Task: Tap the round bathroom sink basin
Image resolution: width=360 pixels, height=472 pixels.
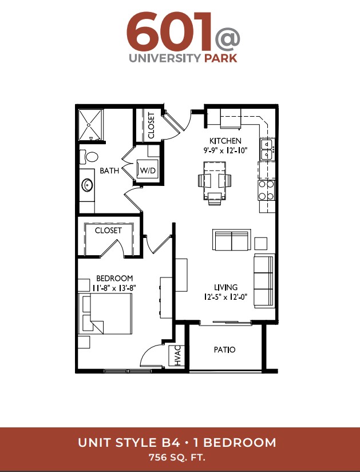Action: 88,185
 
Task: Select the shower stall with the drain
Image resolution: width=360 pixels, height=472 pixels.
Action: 90,125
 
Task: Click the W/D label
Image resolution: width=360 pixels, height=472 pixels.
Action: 148,170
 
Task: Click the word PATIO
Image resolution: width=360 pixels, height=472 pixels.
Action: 224,350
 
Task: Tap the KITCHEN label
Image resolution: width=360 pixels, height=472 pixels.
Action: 226,141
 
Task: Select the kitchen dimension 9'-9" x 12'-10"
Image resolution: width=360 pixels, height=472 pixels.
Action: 226,150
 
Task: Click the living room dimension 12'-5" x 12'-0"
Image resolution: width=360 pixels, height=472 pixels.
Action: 226,297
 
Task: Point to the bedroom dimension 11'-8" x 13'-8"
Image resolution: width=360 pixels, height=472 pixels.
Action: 114,288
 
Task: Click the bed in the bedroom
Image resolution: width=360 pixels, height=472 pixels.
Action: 105,314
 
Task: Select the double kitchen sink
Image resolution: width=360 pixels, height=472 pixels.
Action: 267,149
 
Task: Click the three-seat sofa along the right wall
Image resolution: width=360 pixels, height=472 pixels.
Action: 264,281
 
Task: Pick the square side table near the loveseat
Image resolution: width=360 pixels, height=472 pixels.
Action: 260,244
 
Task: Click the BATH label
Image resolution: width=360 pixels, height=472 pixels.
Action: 109,170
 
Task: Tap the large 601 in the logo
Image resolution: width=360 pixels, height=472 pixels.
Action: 169,31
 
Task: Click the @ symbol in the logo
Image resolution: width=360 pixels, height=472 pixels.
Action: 227,40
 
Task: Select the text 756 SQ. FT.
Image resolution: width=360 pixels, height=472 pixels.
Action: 177,458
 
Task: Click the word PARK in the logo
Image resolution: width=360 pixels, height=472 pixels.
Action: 221,58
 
